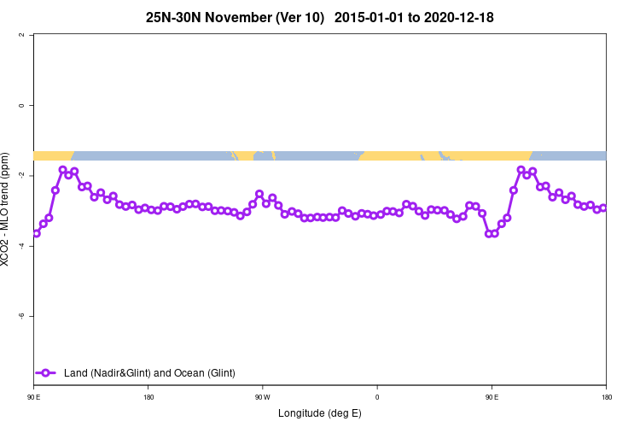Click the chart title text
pyautogui.click(x=320, y=17)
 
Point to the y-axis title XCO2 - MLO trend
pyautogui.click(x=7, y=209)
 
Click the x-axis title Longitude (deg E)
pyautogui.click(x=320, y=413)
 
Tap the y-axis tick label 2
pyautogui.click(x=32, y=35)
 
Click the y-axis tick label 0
pyautogui.click(x=32, y=105)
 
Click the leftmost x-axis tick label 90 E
pyautogui.click(x=34, y=397)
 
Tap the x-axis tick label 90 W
pyautogui.click(x=262, y=397)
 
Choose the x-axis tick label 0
pyautogui.click(x=377, y=397)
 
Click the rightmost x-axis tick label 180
pyautogui.click(x=606, y=397)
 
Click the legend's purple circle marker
pyautogui.click(x=47, y=372)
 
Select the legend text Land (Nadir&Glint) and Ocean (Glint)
pyautogui.click(x=149, y=372)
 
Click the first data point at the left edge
pyautogui.click(x=36, y=233)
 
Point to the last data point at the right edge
pyautogui.click(x=603, y=208)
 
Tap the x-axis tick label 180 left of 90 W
pyautogui.click(x=148, y=397)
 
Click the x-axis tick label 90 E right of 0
pyautogui.click(x=492, y=397)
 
